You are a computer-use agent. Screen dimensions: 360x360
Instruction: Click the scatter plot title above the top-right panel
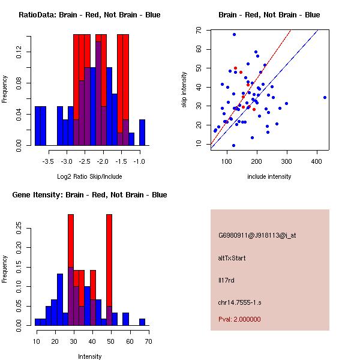tap(269, 15)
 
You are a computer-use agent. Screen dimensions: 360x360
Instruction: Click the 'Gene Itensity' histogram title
tap(89, 195)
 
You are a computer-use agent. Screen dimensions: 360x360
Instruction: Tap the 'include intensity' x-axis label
tap(269, 176)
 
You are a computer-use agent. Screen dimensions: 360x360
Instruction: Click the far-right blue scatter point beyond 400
tap(325, 97)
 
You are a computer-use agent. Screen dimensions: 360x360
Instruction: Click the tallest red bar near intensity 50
tap(109, 258)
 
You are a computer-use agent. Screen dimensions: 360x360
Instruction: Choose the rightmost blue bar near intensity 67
tap(142, 322)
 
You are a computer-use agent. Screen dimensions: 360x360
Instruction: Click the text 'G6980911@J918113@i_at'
tap(257, 235)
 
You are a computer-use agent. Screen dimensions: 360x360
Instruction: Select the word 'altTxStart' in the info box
tap(232, 258)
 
